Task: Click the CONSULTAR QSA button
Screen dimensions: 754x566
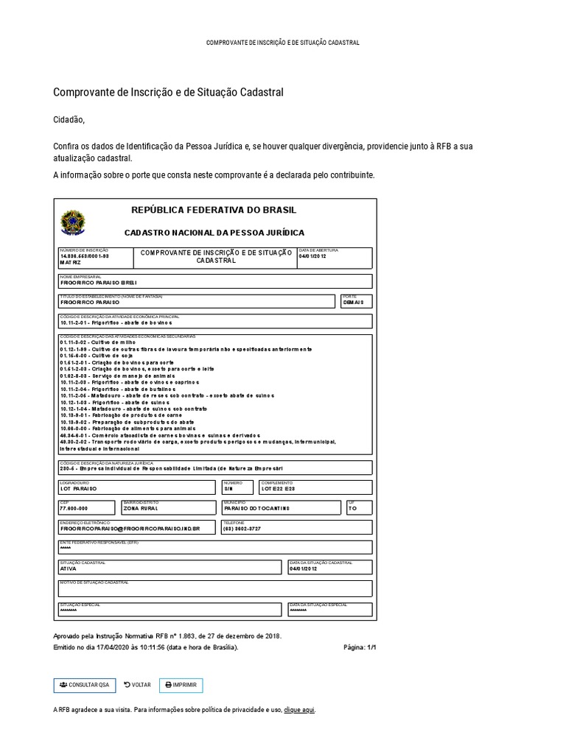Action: click(x=84, y=685)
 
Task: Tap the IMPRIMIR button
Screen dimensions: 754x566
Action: click(x=181, y=685)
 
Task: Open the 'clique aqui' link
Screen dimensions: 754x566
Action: click(x=299, y=710)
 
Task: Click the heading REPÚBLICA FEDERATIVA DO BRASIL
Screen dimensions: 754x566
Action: click(x=214, y=210)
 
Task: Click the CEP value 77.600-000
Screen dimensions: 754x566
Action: click(x=74, y=509)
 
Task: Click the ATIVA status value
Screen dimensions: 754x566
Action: click(x=68, y=569)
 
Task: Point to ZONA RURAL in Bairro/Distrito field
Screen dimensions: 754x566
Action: click(x=140, y=509)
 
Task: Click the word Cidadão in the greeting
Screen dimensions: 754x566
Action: click(x=69, y=120)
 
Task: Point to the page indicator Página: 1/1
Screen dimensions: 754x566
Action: click(x=360, y=647)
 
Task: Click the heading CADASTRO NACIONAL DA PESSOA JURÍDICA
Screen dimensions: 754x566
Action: click(x=214, y=232)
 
